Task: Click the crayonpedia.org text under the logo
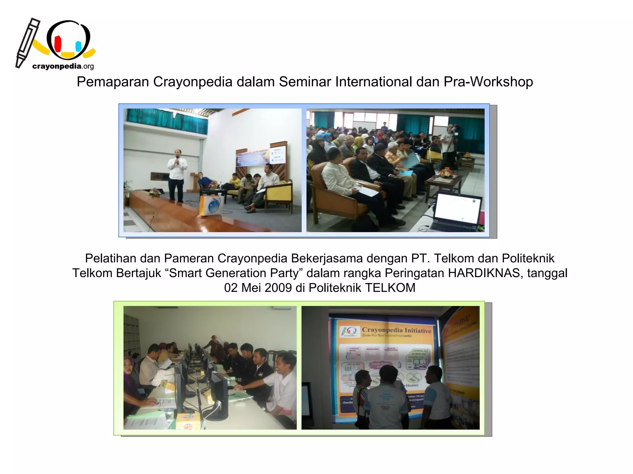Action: (x=63, y=66)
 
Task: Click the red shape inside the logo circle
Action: (x=58, y=44)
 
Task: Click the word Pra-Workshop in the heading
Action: (x=488, y=82)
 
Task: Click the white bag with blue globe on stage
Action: (x=211, y=205)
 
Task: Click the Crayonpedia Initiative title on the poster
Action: (x=396, y=331)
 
